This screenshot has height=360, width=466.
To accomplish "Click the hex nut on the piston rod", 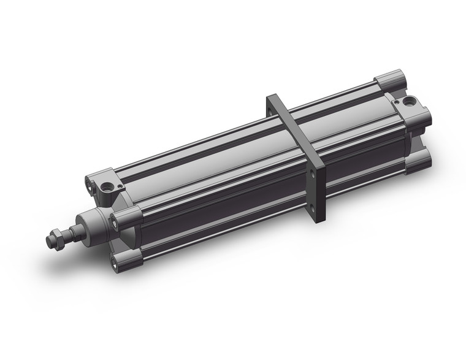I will click(57, 236).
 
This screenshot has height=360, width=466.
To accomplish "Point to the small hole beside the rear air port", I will click(397, 101).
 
